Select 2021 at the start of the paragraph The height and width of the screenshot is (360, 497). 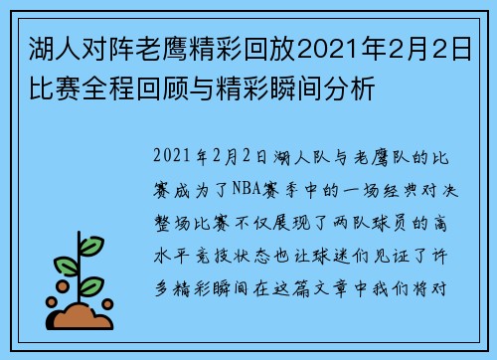coord(175,157)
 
